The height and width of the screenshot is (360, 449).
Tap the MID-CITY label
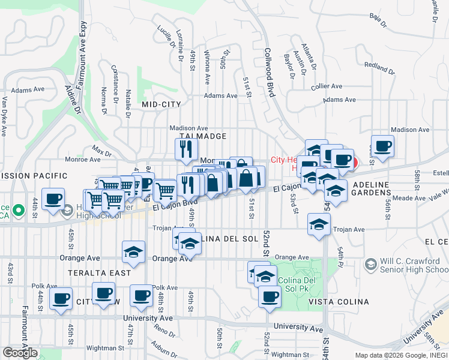tap(161, 104)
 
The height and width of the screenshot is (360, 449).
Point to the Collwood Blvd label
tap(270, 73)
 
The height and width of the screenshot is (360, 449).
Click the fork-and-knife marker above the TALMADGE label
tap(187, 148)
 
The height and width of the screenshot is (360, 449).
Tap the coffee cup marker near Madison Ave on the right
tap(382, 146)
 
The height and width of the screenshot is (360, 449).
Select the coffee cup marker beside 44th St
tap(53, 199)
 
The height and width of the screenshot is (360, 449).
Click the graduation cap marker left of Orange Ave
tap(133, 252)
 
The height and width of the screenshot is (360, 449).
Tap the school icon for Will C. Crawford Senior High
tap(370, 264)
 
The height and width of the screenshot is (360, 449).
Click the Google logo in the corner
tap(20, 353)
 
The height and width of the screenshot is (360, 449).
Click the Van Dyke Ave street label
tap(4, 114)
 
